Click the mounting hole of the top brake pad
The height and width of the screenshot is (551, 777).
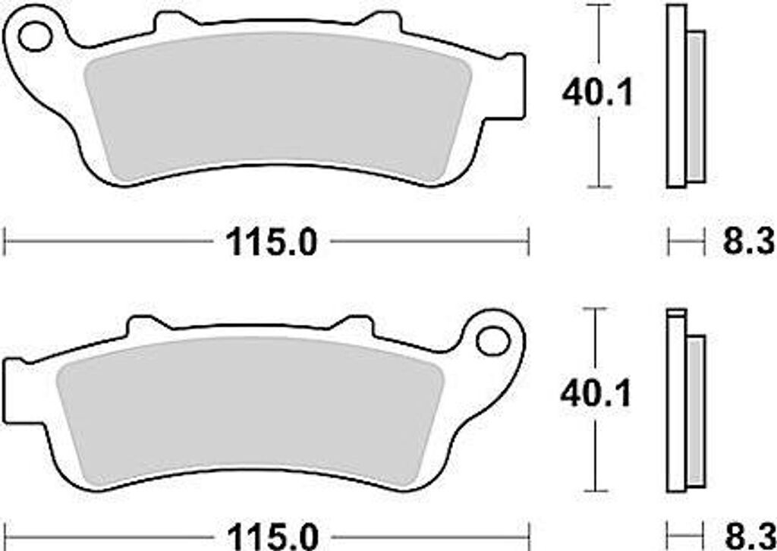tap(35, 36)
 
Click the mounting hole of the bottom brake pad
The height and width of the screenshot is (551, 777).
tap(492, 341)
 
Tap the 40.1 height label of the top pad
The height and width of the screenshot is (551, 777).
tap(598, 93)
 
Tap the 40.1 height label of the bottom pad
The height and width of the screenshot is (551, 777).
tap(596, 394)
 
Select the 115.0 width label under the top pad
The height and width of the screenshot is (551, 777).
tap(271, 243)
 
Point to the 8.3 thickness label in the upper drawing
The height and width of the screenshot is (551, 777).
tap(748, 242)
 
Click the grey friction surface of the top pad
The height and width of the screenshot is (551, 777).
tap(278, 106)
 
